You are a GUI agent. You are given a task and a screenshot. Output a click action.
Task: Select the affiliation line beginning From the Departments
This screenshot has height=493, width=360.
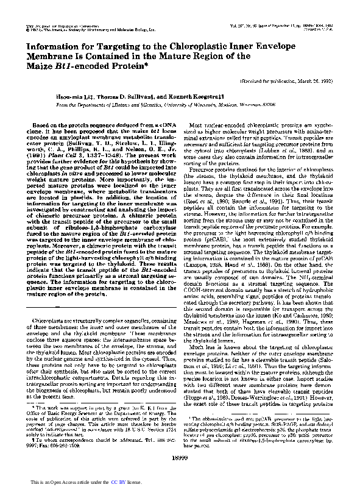[x=180, y=104]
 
